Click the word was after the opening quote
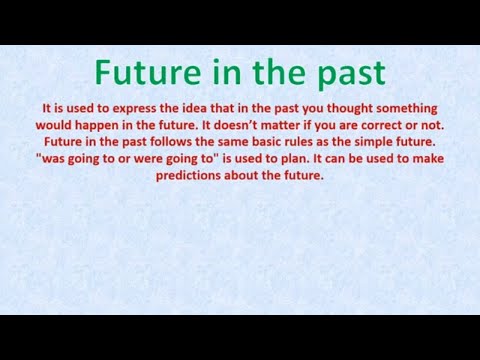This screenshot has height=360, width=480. pyautogui.click(x=54, y=159)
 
